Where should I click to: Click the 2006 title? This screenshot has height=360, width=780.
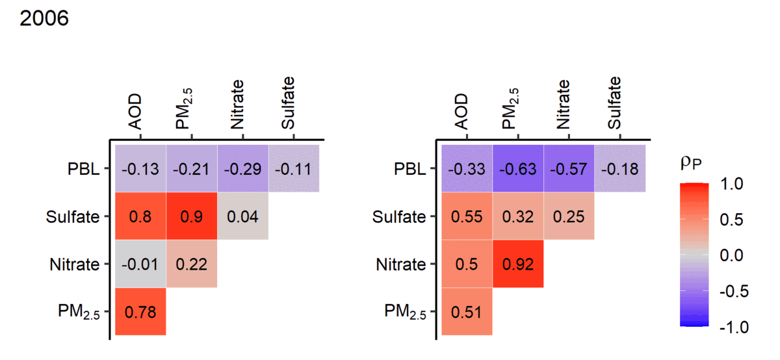tap(44, 19)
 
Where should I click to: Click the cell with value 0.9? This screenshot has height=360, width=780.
tap(192, 216)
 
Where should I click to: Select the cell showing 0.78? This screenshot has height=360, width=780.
tap(140, 312)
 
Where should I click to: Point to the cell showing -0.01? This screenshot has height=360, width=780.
tap(140, 264)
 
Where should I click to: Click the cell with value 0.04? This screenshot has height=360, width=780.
tap(242, 216)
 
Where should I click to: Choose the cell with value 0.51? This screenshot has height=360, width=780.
tap(467, 312)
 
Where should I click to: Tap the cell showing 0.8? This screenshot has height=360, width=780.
tap(140, 216)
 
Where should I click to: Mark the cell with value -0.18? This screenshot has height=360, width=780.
tap(619, 169)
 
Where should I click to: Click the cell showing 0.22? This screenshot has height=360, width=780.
tap(192, 264)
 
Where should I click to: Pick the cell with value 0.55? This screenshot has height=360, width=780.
tap(467, 216)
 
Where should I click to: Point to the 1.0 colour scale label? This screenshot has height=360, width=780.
tap(734, 185)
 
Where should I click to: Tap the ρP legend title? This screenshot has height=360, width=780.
tap(694, 164)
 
